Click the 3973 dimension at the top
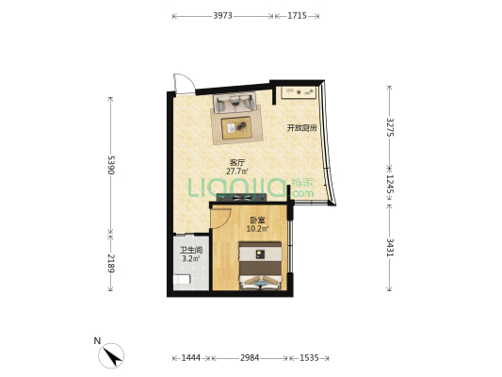pyautogui.click(x=222, y=16)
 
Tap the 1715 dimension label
pyautogui.click(x=297, y=16)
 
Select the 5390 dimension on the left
pyautogui.click(x=111, y=165)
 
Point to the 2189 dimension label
pyautogui.click(x=111, y=263)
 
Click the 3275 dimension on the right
pyautogui.click(x=390, y=127)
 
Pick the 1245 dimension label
pyautogui.click(x=390, y=184)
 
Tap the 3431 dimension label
pyautogui.click(x=390, y=248)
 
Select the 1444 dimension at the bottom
pyautogui.click(x=191, y=358)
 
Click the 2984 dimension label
pyautogui.click(x=250, y=358)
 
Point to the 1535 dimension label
pyautogui.click(x=309, y=358)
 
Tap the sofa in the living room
pyautogui.click(x=235, y=102)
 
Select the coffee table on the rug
pyautogui.click(x=236, y=127)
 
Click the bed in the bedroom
pyautogui.click(x=260, y=266)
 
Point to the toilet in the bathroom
pyautogui.click(x=182, y=279)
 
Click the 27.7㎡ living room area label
pyautogui.click(x=237, y=172)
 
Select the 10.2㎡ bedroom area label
pyautogui.click(x=257, y=229)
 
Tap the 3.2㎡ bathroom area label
pyautogui.click(x=191, y=258)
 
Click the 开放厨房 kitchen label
pyautogui.click(x=301, y=128)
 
